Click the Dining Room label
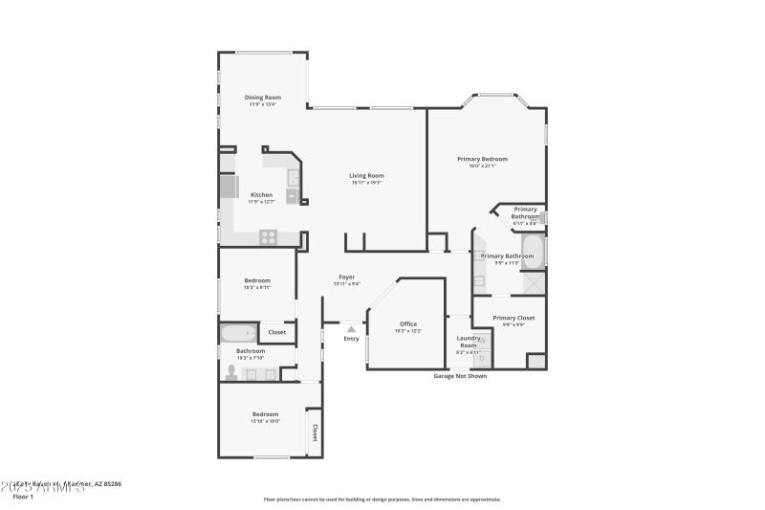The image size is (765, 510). click(x=262, y=98)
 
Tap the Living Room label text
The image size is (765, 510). click(x=365, y=175)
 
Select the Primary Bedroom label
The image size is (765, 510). click(x=482, y=159)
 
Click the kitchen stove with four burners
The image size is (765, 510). click(x=269, y=236)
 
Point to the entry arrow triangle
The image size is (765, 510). click(x=351, y=329)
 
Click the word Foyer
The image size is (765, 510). click(x=346, y=277)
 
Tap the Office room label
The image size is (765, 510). click(x=407, y=324)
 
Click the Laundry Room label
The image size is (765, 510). click(x=469, y=341)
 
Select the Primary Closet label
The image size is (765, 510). click(x=514, y=318)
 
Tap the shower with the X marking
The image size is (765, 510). click(x=534, y=284)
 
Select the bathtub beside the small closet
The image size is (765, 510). click(x=238, y=334)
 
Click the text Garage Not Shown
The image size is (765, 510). click(x=460, y=376)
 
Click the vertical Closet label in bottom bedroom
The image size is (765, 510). click(x=314, y=432)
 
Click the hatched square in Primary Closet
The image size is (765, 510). click(x=536, y=362)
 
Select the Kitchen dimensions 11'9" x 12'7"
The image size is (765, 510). click(x=261, y=202)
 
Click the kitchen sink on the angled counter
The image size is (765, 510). click(x=293, y=178)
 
